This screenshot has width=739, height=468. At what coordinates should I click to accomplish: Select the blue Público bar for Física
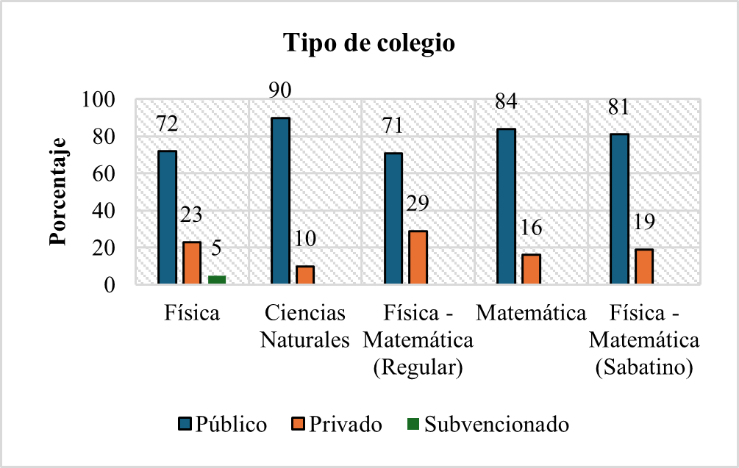point(167,217)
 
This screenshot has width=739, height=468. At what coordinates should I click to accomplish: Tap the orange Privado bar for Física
point(192,262)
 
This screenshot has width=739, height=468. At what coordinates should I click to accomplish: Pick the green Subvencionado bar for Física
point(217,279)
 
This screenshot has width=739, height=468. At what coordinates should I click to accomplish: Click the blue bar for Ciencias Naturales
point(280,201)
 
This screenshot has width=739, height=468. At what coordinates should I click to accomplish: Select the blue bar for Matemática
point(506,206)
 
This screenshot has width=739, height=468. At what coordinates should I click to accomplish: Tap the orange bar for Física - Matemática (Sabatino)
point(644,266)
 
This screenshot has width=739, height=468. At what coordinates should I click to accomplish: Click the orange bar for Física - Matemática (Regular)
point(418,257)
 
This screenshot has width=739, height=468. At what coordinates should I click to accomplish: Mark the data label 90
point(280,90)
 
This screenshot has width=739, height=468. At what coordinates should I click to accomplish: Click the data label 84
point(506,101)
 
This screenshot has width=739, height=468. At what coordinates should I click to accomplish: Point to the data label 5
point(217,248)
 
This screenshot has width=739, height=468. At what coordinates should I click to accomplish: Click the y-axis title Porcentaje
point(58,192)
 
